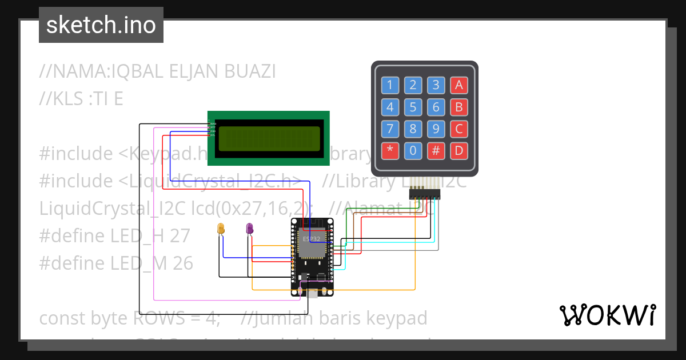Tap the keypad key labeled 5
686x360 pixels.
coord(413,107)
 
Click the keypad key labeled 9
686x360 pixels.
coord(436,129)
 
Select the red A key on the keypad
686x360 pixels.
coord(458,85)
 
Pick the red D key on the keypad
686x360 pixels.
coord(458,151)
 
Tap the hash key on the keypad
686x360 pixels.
coord(436,151)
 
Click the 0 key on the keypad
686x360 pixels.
coord(413,151)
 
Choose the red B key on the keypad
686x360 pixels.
coord(458,107)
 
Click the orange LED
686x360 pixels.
coord(221,229)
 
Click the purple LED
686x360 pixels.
coord(249,229)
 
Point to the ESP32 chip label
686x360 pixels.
coord(311,236)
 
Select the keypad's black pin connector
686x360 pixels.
coord(425,194)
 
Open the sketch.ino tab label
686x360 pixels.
coord(101,25)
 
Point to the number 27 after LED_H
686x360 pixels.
coord(180,235)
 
